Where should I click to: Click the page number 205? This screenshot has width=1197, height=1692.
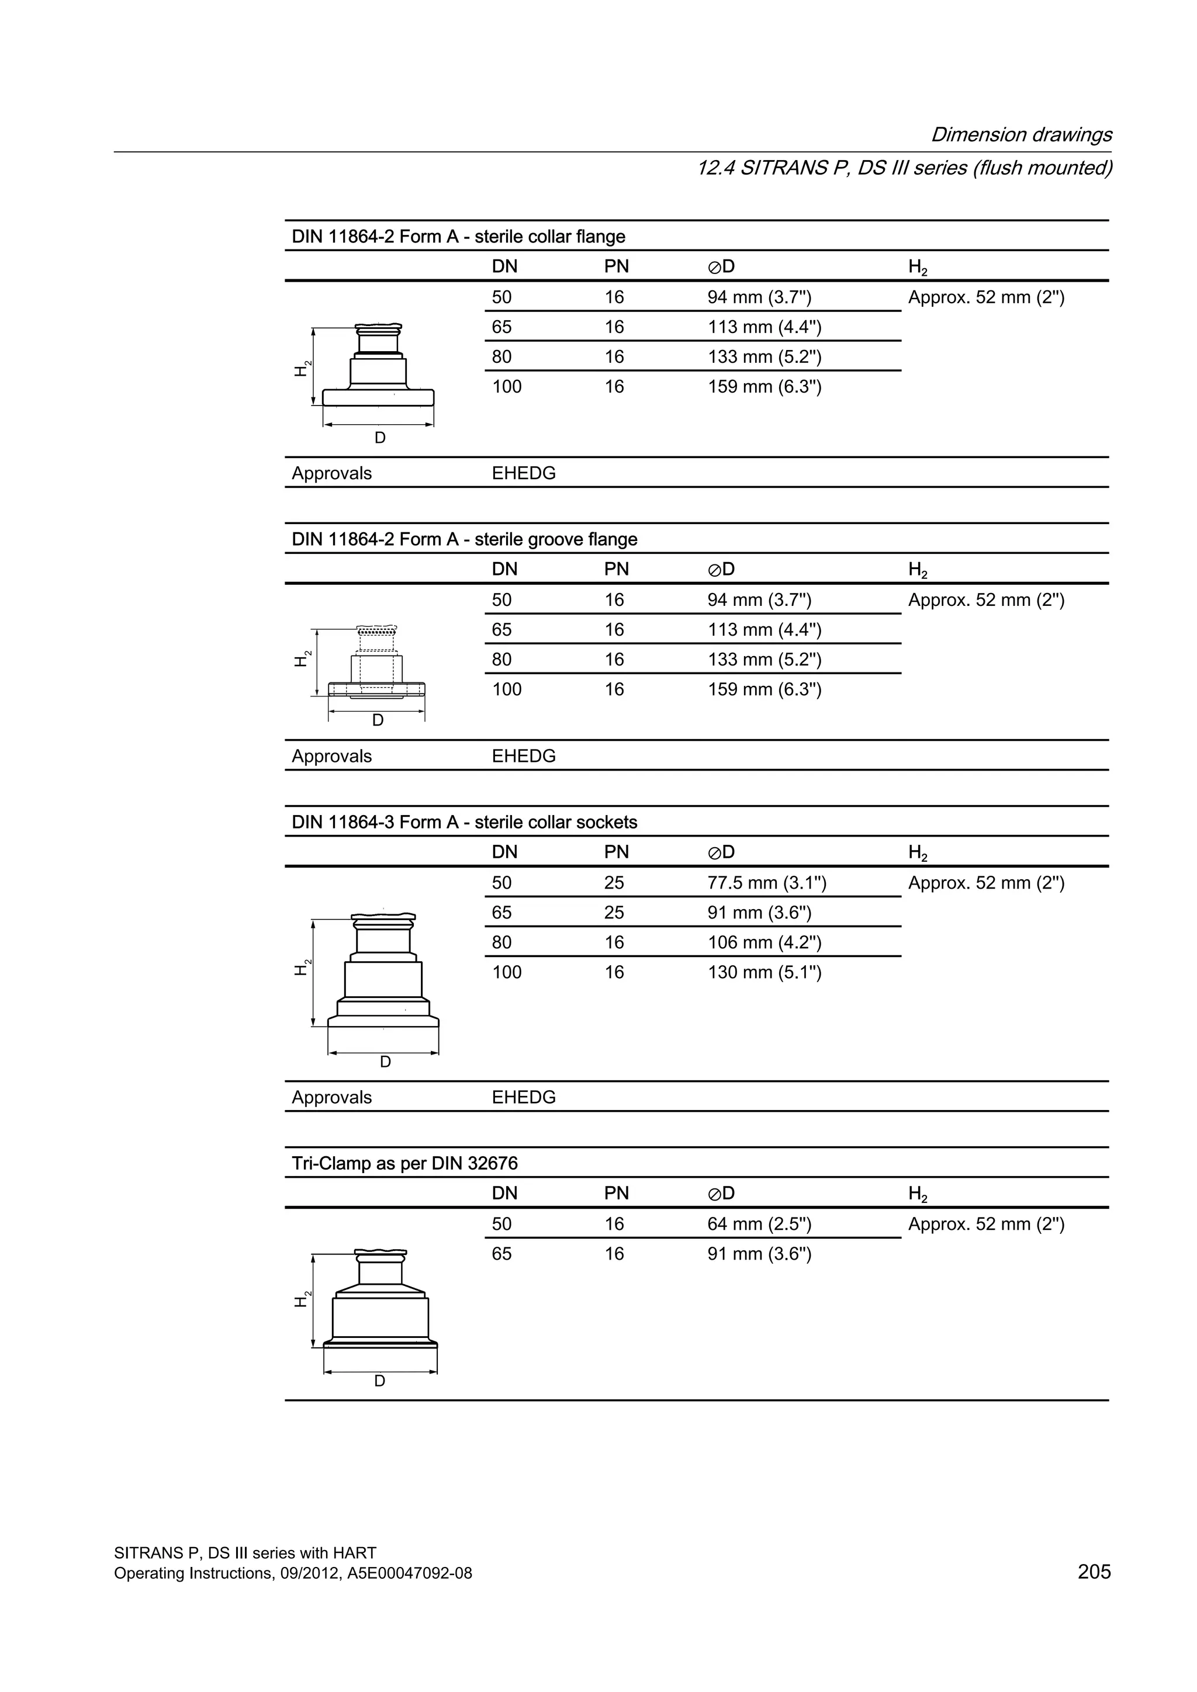[1093, 1571]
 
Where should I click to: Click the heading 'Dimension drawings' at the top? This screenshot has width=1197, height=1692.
[1021, 135]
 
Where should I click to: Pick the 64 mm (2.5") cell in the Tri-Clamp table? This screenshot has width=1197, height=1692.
[759, 1224]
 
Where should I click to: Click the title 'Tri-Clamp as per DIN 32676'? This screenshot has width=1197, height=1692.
[404, 1164]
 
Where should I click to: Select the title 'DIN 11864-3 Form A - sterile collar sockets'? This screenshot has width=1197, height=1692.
[463, 823]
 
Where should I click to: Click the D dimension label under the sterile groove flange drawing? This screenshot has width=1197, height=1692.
[378, 721]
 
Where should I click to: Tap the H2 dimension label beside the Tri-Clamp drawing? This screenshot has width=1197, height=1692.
[302, 1299]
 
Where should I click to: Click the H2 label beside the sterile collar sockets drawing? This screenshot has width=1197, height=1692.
[302, 968]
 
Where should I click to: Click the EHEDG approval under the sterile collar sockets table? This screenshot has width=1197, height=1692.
[523, 1097]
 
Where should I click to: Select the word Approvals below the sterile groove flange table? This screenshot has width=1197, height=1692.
[331, 756]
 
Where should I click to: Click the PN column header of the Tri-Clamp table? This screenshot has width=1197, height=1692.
[616, 1193]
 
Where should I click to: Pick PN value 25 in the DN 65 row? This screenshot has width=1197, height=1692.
[614, 913]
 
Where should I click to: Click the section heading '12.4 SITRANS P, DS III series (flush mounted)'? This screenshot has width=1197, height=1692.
[904, 168]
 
